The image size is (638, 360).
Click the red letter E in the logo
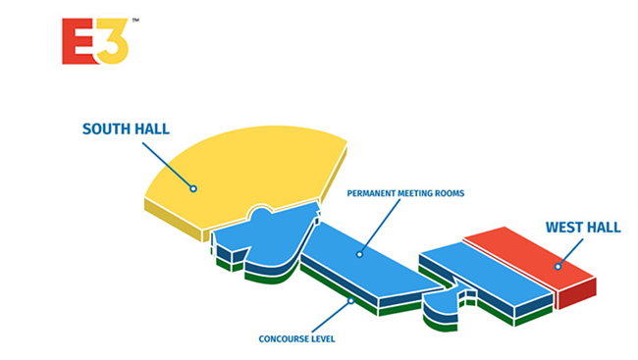[80, 41]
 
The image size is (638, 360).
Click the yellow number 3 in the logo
[112, 41]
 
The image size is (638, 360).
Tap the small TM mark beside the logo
[135, 20]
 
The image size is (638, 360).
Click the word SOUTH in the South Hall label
[106, 129]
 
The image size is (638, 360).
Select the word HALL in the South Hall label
[152, 129]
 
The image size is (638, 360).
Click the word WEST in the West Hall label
[563, 227]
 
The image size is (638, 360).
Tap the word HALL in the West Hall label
[603, 227]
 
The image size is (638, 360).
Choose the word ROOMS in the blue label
[450, 193]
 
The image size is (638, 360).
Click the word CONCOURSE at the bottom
[281, 338]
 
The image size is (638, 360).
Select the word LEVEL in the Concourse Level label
[321, 338]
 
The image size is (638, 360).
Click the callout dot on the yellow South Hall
[193, 188]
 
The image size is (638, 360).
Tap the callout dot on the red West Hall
[558, 267]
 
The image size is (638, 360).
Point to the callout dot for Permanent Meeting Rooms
[359, 254]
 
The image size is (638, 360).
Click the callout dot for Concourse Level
[350, 301]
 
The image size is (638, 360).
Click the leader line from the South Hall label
[167, 165]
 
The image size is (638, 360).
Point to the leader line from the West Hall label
[571, 252]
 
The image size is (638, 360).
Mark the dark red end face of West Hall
[577, 293]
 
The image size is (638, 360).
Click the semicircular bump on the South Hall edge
[261, 210]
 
